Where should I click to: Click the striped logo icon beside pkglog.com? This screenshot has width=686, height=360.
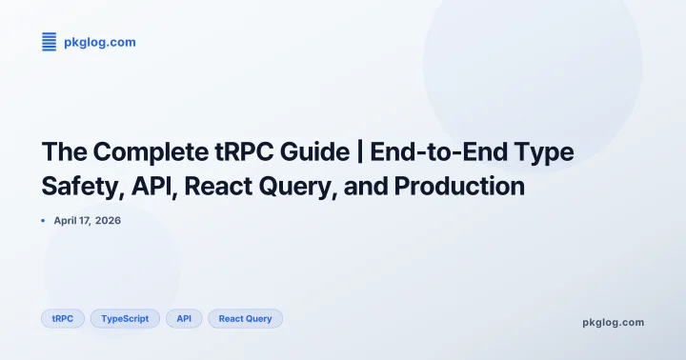(50, 41)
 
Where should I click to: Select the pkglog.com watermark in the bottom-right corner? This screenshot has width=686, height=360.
(613, 322)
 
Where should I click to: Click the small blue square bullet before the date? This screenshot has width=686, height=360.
(43, 221)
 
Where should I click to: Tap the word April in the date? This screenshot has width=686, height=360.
(68, 221)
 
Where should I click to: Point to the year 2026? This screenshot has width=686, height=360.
(109, 221)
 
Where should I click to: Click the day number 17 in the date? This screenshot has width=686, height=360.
(88, 221)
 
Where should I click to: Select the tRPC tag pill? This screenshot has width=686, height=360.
(63, 318)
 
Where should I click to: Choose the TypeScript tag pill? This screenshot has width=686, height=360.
(125, 318)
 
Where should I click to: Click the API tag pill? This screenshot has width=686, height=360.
(184, 318)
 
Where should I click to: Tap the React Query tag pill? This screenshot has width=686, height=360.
(245, 318)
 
